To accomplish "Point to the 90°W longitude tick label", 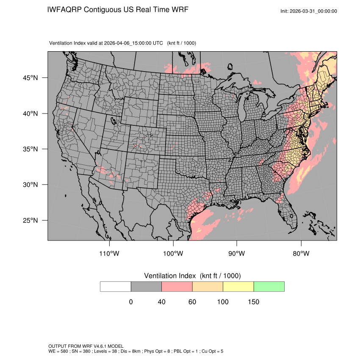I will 237,253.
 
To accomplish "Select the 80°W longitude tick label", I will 301,253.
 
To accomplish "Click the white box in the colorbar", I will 116,286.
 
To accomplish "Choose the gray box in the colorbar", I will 146,286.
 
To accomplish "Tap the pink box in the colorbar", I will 177,286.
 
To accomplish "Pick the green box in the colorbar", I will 269,286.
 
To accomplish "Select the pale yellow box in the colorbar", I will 238,286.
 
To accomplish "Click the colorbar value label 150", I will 253,302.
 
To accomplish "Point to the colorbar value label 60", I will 192,302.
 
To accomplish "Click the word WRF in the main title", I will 180,10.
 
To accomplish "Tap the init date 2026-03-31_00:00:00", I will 314,11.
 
